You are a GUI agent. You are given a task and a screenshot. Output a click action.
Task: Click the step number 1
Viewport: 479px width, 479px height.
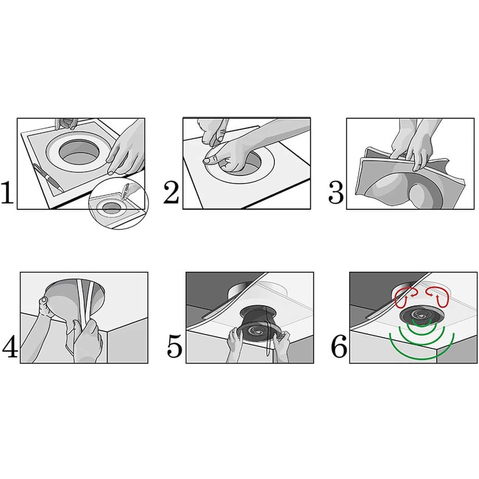click(8, 192)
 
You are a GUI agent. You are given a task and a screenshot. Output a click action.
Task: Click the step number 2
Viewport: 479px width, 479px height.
click(171, 192)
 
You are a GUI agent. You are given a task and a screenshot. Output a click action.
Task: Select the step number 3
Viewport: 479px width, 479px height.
click(335, 192)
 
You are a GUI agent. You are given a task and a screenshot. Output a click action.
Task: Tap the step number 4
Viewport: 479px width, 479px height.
click(10, 346)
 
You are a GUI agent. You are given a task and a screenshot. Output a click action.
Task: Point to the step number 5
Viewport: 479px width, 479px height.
click(175, 346)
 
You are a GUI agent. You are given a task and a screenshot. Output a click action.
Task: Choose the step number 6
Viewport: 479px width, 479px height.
click(339, 346)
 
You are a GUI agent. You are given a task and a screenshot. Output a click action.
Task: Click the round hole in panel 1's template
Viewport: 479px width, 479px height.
click(79, 153)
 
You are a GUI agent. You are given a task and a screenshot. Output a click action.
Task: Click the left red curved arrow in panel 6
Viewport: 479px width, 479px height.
click(405, 295)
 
